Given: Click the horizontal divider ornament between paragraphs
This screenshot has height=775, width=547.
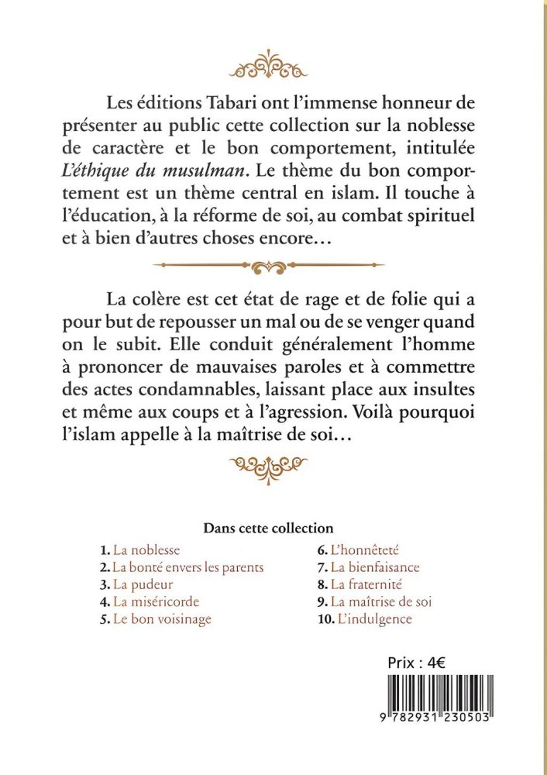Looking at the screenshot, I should click(x=270, y=265).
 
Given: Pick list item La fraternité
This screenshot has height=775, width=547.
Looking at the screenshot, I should click(x=370, y=584).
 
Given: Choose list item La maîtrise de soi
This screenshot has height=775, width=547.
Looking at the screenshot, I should click(x=380, y=601).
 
